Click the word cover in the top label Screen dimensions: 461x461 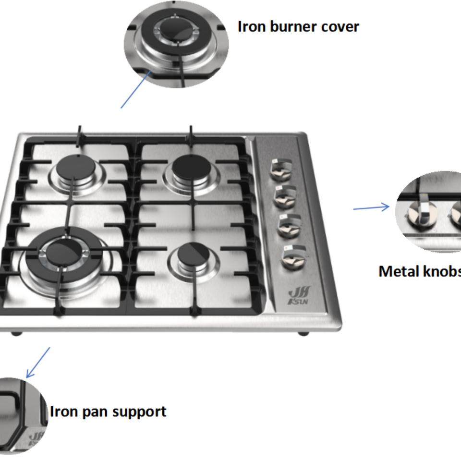[x=340, y=27]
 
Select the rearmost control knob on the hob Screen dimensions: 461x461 [x=280, y=170]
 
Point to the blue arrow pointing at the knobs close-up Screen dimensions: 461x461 [x=372, y=207]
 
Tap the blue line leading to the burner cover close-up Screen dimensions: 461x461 [x=136, y=89]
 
